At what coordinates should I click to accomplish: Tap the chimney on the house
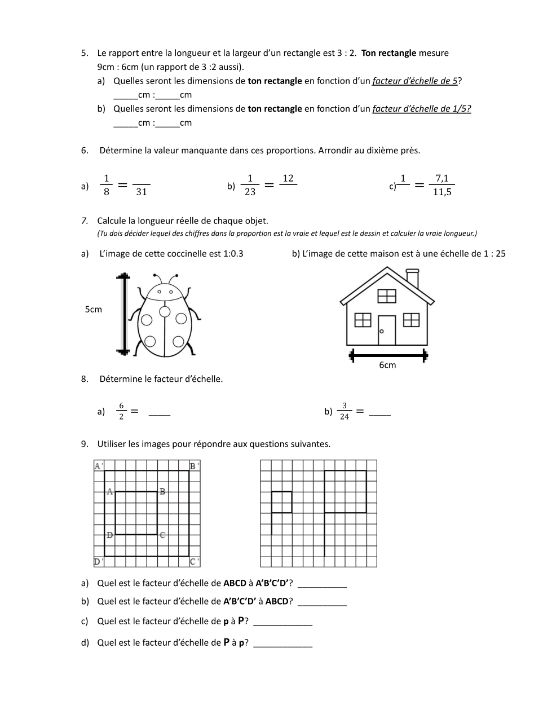412,278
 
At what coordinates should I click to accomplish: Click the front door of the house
387,330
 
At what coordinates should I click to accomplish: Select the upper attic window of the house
387,296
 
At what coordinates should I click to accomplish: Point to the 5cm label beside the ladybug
93,309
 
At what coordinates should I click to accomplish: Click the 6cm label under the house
387,365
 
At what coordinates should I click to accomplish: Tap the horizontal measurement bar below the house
388,355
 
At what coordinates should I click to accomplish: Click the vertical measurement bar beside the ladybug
123,314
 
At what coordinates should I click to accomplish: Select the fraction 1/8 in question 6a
107,185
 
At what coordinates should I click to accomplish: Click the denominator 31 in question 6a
142,192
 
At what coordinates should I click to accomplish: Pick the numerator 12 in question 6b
288,178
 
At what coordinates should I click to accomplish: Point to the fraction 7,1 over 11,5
442,185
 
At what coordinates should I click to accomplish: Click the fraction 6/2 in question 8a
121,411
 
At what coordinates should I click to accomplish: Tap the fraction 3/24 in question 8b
344,411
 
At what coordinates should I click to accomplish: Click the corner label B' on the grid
194,466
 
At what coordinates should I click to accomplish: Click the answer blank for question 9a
321,584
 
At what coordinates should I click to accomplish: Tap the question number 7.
84,221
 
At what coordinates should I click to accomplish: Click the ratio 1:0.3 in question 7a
233,254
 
